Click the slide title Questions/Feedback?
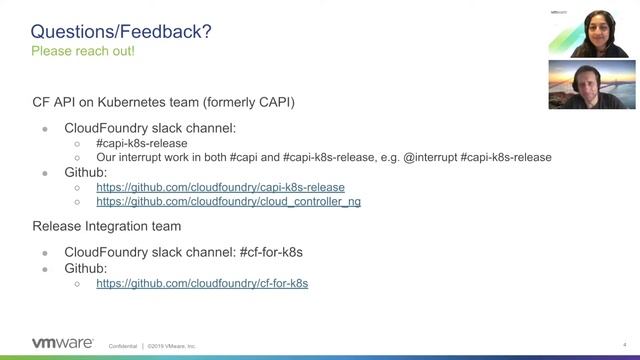121,32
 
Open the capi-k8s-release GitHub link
220,187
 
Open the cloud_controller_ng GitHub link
228,201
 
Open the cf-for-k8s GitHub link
202,283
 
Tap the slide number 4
624,345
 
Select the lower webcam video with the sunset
591,84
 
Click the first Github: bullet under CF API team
87,172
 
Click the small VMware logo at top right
559,12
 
